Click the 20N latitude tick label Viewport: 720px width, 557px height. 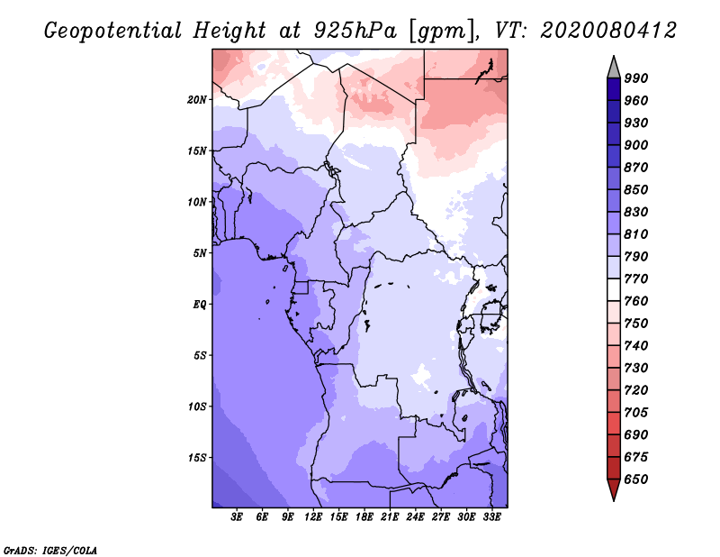coord(197,99)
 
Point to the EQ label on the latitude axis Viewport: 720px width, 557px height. coord(199,305)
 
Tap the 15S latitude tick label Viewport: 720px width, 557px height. coord(197,458)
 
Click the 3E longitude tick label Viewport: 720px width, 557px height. coord(238,517)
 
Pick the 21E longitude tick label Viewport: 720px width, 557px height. coord(390,517)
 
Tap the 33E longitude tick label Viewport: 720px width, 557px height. coord(491,517)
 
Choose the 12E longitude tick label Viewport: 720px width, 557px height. coord(313,517)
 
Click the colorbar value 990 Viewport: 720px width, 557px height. coord(636,78)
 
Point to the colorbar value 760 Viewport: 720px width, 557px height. coord(636,301)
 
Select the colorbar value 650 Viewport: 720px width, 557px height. coord(636,479)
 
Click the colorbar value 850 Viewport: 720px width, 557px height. coord(636,190)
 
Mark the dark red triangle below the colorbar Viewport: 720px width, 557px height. coord(614,490)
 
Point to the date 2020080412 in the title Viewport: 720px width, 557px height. coord(608,32)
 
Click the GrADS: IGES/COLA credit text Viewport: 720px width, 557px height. coord(49,549)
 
